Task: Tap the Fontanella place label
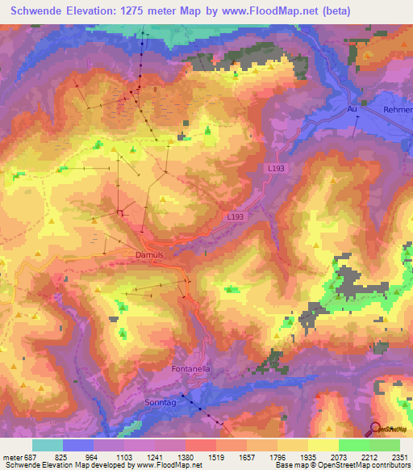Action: pos(190,369)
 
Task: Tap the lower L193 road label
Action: pos(235,216)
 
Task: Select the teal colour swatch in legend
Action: pos(48,445)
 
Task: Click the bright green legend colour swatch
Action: pos(353,445)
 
